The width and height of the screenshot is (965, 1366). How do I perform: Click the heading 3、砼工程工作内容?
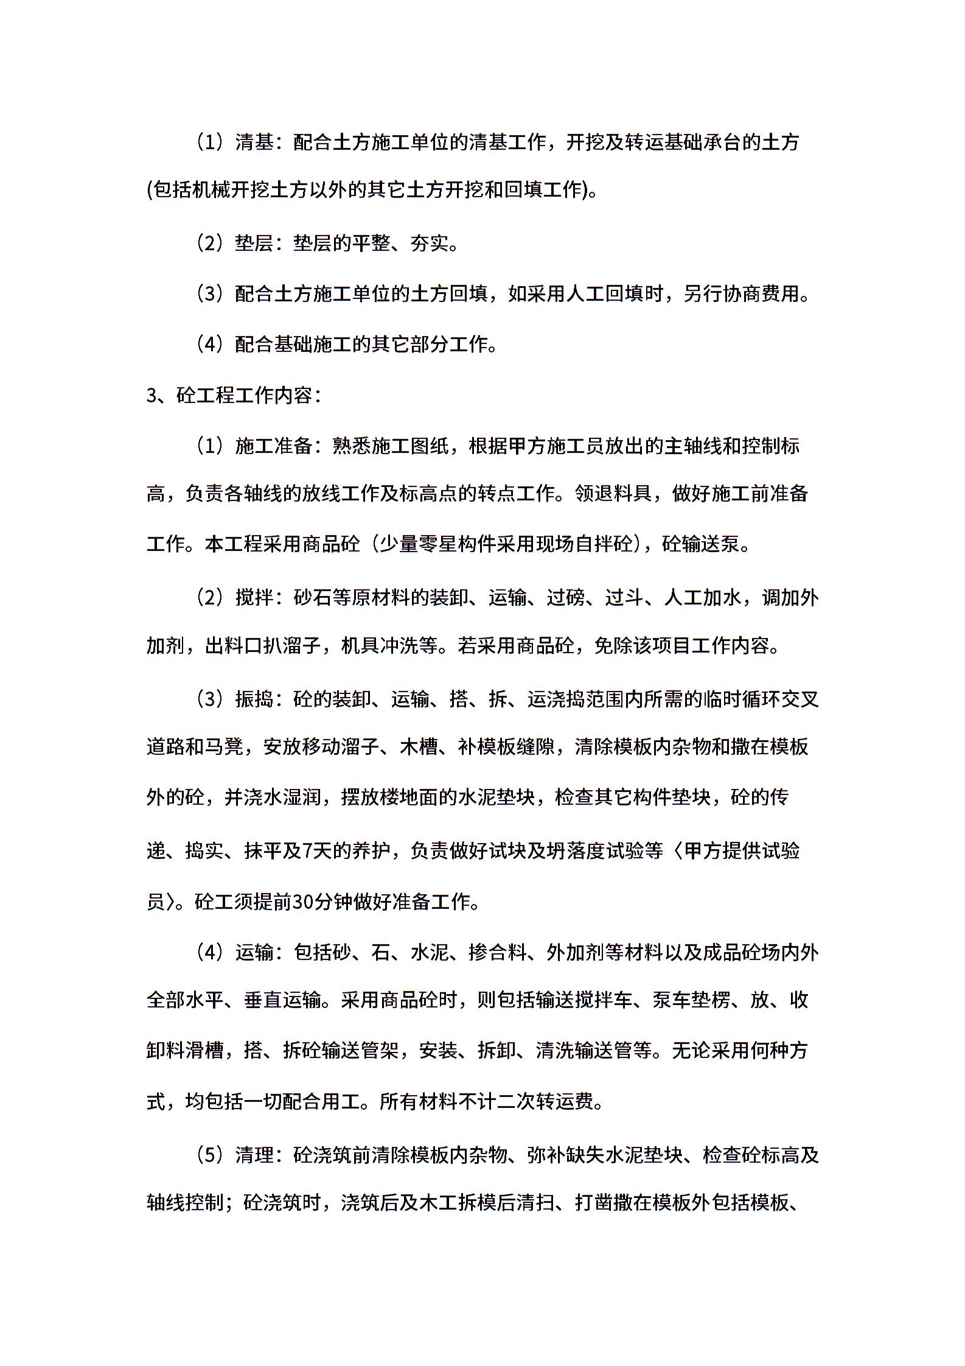click(x=234, y=396)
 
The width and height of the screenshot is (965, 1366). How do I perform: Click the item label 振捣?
click(x=254, y=700)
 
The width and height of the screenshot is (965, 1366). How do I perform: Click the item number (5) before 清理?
click(x=211, y=1154)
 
